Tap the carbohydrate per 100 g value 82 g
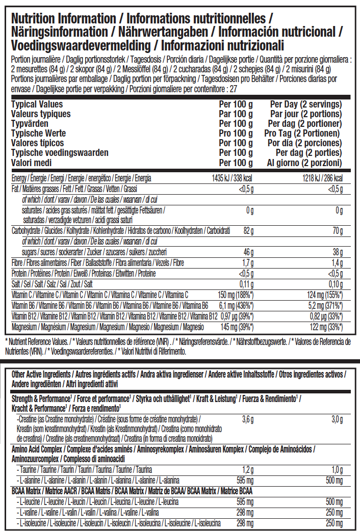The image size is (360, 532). click(x=248, y=231)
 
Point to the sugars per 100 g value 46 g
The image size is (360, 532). click(x=248, y=252)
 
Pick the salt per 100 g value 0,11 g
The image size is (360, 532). click(x=246, y=284)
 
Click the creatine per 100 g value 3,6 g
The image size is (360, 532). click(x=247, y=419)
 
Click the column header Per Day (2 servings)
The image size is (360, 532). click(x=306, y=104)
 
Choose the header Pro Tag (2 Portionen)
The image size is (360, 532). click(x=305, y=134)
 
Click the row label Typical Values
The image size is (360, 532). click(x=37, y=104)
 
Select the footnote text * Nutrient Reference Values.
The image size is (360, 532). click(x=42, y=340)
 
